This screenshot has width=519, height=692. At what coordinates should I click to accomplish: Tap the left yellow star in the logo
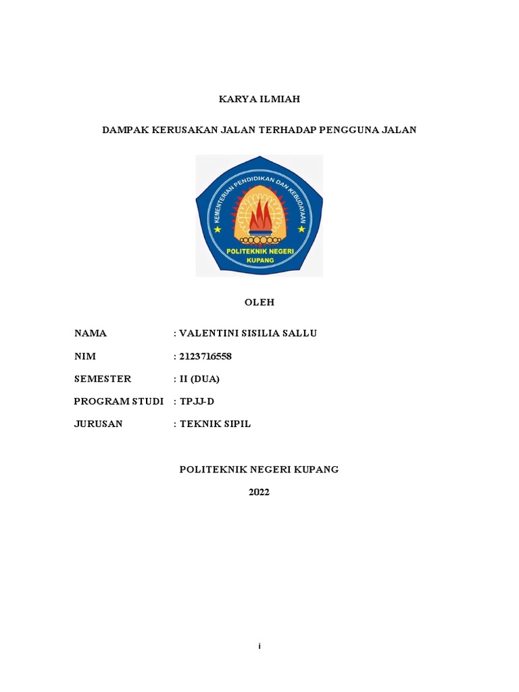click(x=218, y=229)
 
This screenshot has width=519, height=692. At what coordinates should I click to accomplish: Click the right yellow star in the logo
click(x=301, y=229)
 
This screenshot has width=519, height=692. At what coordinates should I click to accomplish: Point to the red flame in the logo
click(x=259, y=218)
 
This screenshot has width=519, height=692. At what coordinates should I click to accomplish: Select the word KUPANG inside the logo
click(x=259, y=260)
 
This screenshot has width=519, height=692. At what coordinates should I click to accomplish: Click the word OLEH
click(x=259, y=303)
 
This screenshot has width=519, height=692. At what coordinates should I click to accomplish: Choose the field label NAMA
click(x=91, y=333)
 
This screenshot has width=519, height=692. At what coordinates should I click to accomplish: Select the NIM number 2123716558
click(x=205, y=357)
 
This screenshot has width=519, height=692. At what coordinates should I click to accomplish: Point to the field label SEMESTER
click(x=103, y=379)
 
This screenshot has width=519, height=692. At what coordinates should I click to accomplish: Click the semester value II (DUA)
click(x=199, y=379)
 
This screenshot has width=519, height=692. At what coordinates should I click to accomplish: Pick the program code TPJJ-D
click(x=196, y=401)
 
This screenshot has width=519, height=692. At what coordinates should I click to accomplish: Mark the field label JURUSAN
click(x=99, y=424)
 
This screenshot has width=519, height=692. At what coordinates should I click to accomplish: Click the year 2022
click(x=259, y=492)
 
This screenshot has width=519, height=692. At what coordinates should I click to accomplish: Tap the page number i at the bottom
click(x=259, y=647)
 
